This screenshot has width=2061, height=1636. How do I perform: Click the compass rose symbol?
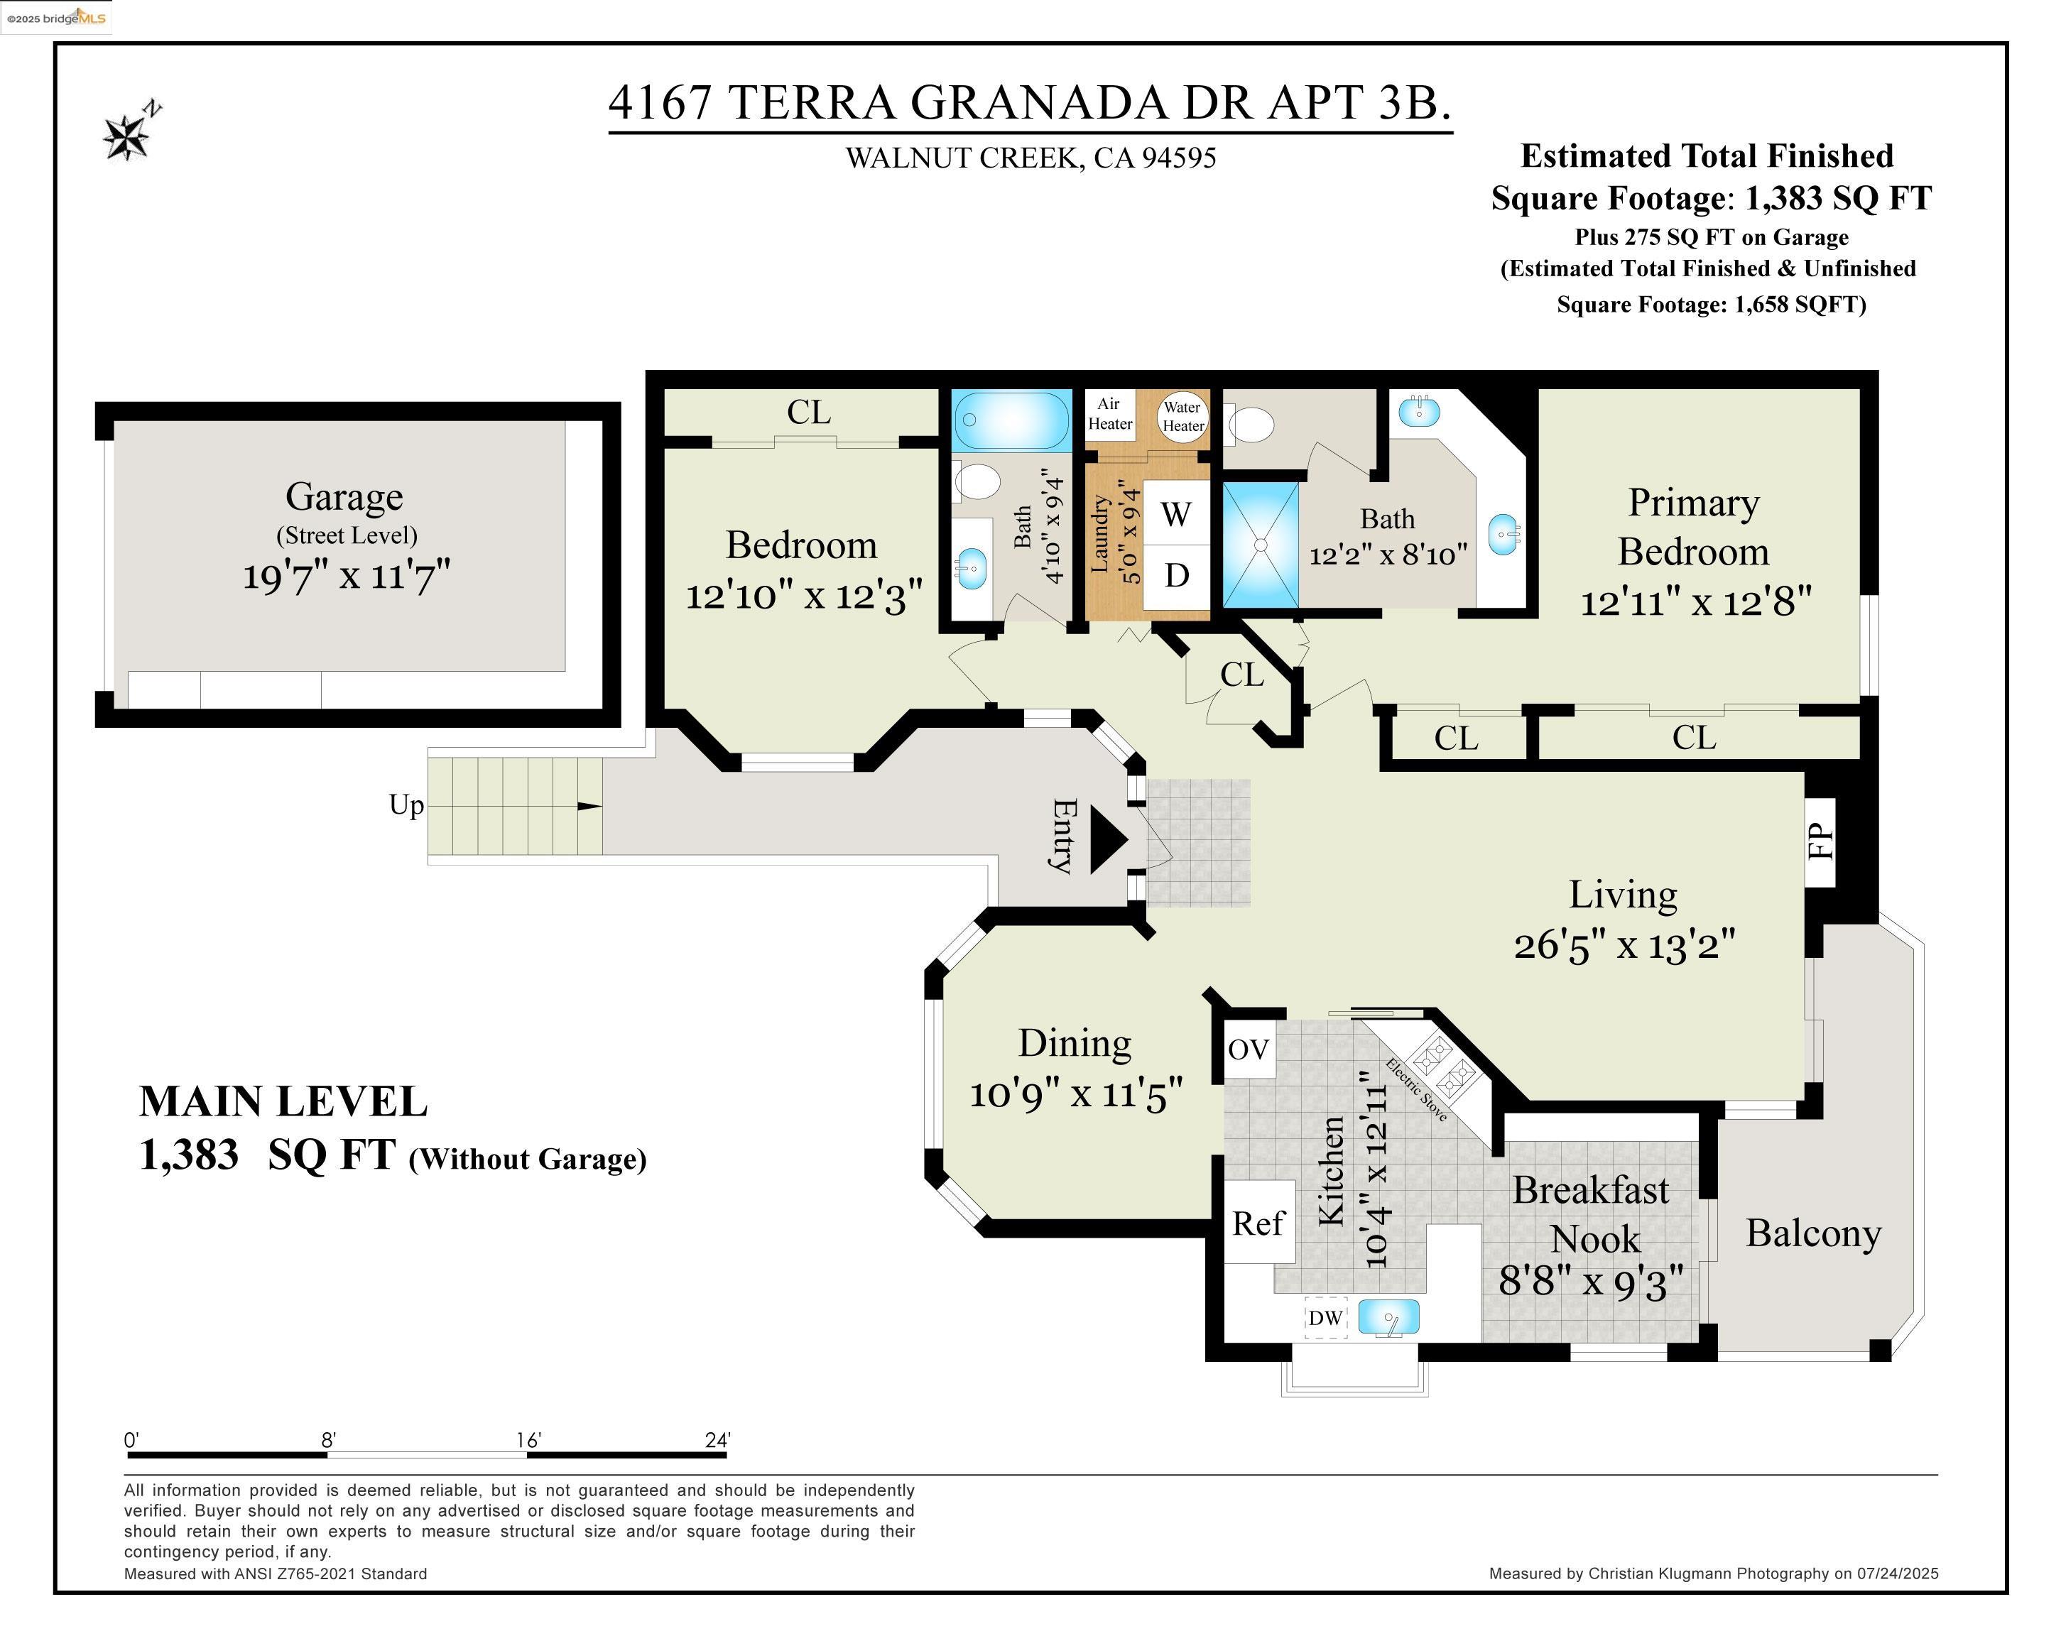127,136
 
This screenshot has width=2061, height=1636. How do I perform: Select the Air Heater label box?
1110,414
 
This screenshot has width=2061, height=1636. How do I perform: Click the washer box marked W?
1176,513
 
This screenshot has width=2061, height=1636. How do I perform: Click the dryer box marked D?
1176,575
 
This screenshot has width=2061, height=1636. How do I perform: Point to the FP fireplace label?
1821,841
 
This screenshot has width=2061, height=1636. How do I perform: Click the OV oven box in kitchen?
1249,1049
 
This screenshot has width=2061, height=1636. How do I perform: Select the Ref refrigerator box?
1258,1223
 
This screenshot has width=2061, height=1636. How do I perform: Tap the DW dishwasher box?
1325,1319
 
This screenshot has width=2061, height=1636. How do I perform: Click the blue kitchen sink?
1388,1317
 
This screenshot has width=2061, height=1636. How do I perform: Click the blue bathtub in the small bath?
1011,420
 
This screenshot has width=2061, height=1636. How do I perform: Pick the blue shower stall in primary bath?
1261,545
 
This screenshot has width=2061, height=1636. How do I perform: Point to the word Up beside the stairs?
406,805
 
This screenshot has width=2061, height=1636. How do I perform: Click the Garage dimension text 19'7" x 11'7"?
345,577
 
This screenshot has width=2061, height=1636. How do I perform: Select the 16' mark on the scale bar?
528,1440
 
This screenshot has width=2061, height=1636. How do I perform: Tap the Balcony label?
1813,1233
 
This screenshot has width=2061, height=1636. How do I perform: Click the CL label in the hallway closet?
1241,675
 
